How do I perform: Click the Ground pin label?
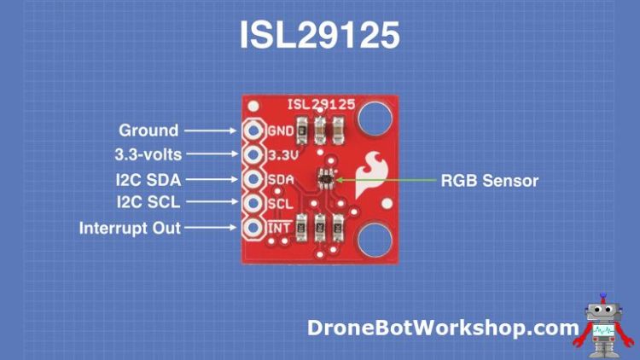[x=148, y=131]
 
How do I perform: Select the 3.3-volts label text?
[x=148, y=154]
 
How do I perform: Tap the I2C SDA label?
[x=148, y=179]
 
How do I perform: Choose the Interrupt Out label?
[x=130, y=229]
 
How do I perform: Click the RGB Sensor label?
[x=490, y=180]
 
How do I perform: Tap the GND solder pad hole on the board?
[x=253, y=131]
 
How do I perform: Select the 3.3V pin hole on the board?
[x=253, y=155]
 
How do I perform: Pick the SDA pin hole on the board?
[x=253, y=180]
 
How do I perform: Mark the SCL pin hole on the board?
[x=253, y=205]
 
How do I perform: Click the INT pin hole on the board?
[x=253, y=229]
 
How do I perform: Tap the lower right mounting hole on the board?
[x=374, y=241]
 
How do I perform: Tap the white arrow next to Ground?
[x=210, y=131]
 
